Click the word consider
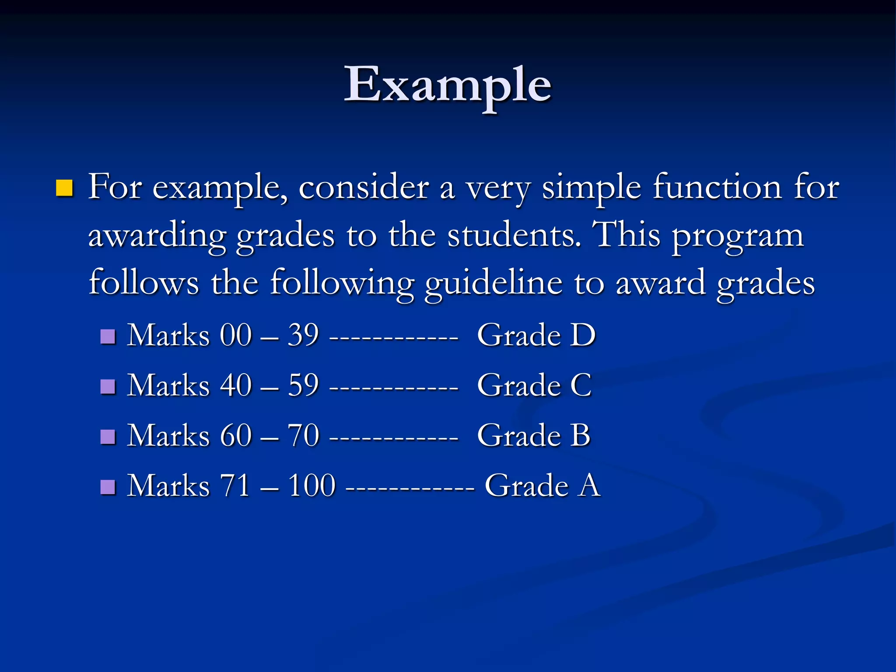(x=364, y=187)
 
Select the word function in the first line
(x=717, y=187)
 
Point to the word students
(x=514, y=235)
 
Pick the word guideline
(x=493, y=283)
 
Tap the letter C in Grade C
(x=581, y=385)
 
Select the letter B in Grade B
(x=580, y=435)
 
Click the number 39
(x=303, y=336)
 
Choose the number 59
(x=303, y=385)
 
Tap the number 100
(x=311, y=486)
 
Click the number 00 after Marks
(x=236, y=336)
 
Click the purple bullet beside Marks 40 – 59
(x=108, y=386)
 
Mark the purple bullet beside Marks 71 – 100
(x=108, y=486)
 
